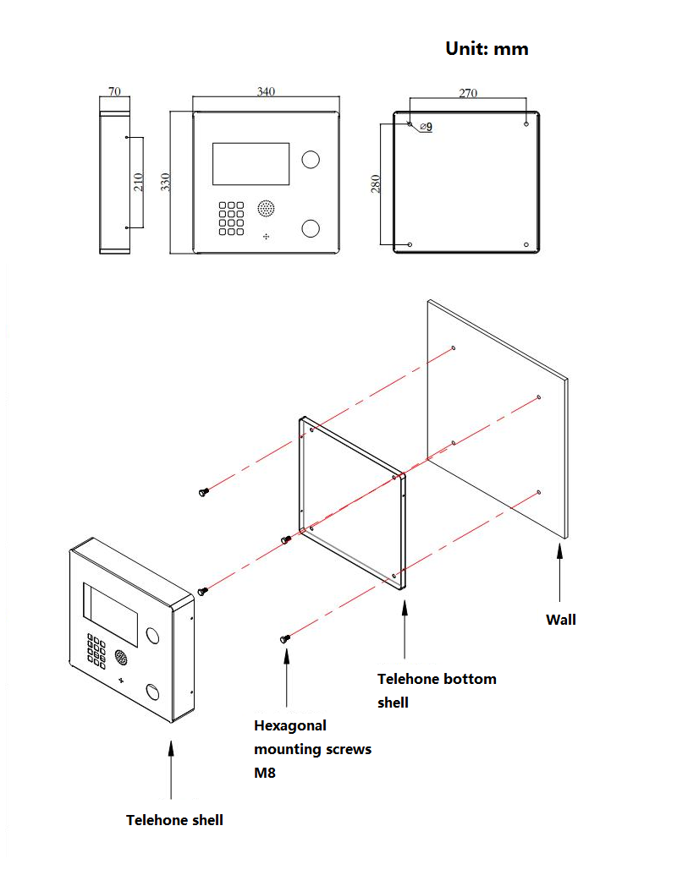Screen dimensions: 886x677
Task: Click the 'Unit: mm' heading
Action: coord(487,49)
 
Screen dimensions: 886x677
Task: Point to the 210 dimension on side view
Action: coord(139,181)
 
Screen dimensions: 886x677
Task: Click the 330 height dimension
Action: coord(166,181)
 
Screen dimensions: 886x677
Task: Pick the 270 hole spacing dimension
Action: coord(468,94)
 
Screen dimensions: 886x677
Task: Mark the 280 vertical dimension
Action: coord(376,183)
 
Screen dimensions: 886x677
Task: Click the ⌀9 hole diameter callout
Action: coord(426,127)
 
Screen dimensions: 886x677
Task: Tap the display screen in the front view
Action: coord(251,164)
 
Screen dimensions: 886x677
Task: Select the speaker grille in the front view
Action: coord(267,208)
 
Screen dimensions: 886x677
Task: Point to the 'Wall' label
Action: coord(560,620)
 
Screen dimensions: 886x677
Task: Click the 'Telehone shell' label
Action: coord(174,820)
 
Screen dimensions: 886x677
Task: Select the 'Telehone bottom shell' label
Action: coord(436,690)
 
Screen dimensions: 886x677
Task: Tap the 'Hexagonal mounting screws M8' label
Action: coord(312,749)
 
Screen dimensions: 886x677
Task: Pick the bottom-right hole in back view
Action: coord(526,245)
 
